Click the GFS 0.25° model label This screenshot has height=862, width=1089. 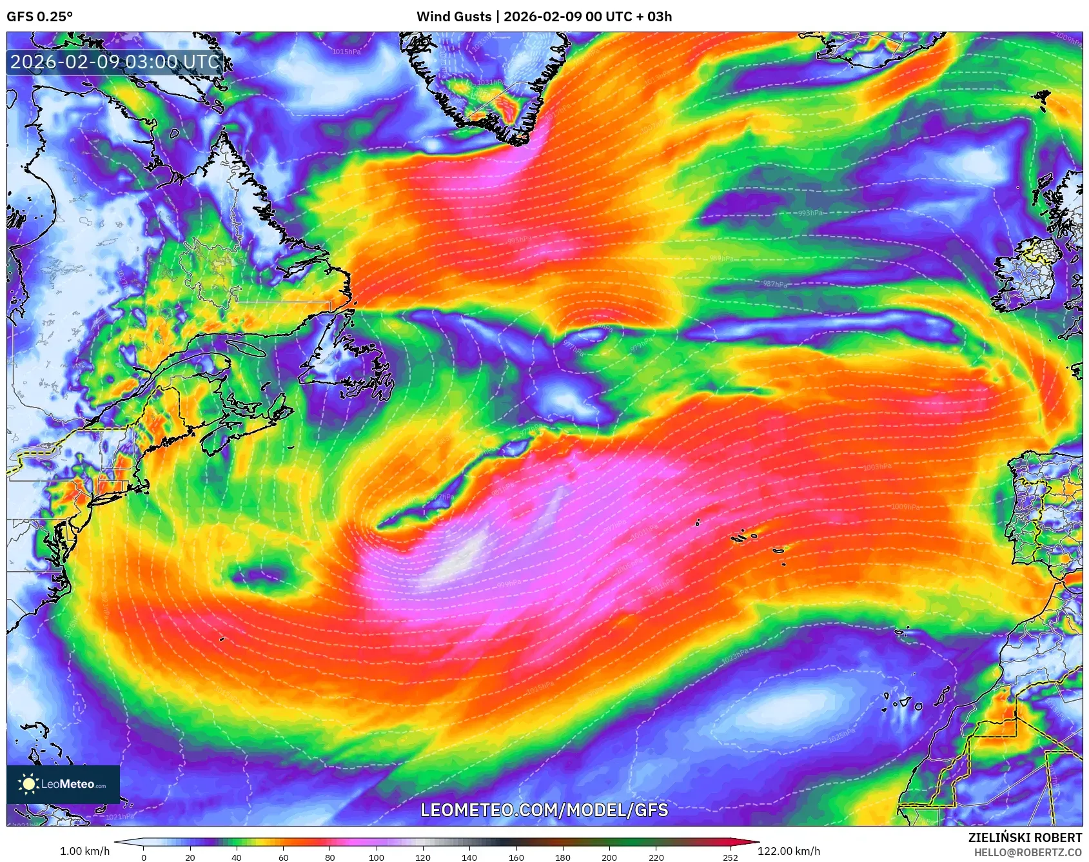pos(39,17)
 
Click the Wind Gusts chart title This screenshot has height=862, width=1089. pos(544,17)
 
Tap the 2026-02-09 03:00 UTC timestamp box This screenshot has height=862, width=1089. pos(115,62)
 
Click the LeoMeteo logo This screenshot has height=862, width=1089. pos(63,784)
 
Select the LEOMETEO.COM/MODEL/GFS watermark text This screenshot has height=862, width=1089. pos(544,810)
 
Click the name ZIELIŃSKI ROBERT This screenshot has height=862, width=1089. pos(1025,838)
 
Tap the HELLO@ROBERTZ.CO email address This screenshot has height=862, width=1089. pos(1028,852)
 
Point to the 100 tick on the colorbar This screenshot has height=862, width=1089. pos(376,857)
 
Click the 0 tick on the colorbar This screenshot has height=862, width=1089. pos(144,857)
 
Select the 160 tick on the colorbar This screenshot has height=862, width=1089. pos(516,857)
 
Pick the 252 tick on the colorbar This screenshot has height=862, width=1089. pos(730,857)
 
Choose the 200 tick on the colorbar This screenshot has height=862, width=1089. pos(609,857)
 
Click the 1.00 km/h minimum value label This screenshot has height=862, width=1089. pos(84,851)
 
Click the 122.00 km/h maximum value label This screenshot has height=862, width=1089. pos(789,851)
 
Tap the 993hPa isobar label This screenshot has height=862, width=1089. pos(810,213)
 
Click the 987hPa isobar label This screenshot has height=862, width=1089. pos(774,284)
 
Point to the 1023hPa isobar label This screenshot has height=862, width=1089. pos(734,657)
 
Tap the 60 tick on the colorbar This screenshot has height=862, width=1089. pos(283,857)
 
